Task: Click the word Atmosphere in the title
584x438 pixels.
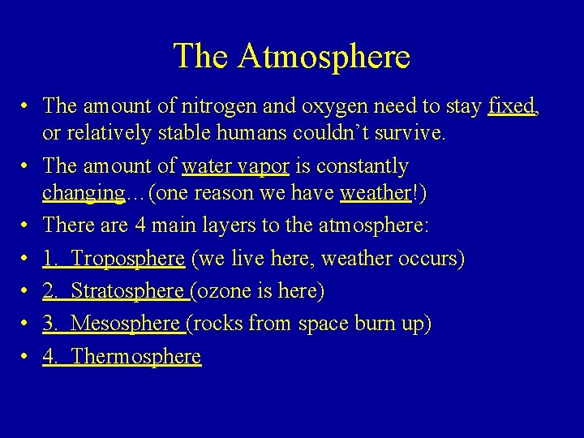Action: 324,57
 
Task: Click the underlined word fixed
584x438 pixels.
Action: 511,105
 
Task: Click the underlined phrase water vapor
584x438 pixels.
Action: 235,166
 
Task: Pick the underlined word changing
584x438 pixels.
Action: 84,193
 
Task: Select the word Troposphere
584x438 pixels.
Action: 127,260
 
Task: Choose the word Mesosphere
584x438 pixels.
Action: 125,324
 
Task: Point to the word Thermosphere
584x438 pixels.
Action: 135,356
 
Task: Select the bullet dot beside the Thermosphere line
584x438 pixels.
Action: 26,356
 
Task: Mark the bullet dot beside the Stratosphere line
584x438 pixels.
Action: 26,291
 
